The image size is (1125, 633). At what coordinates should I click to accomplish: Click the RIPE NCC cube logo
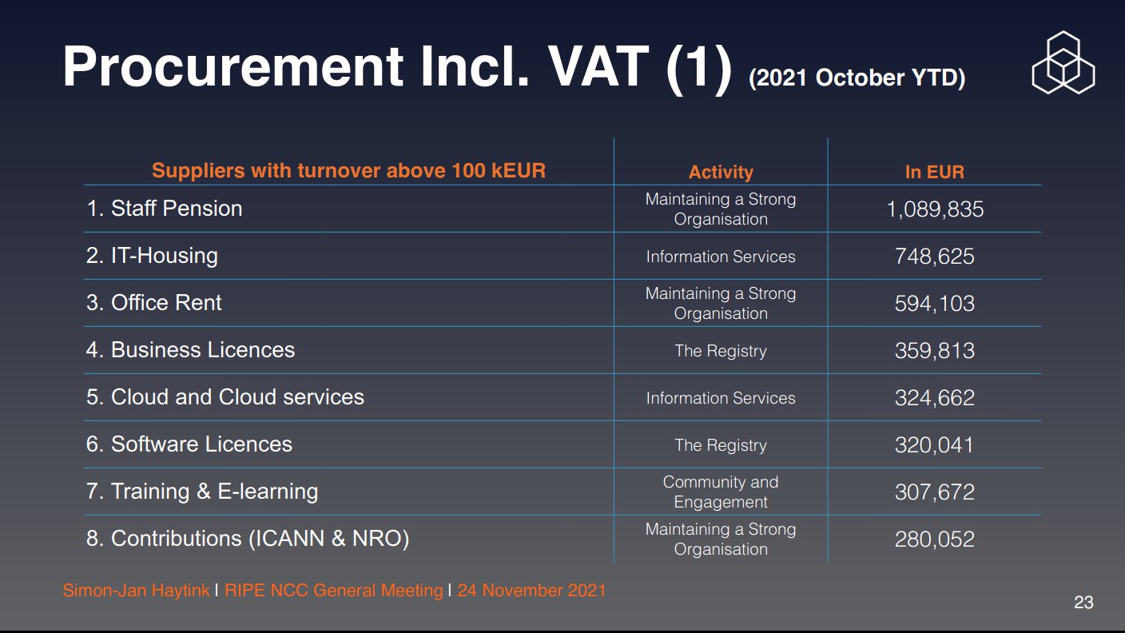click(x=1063, y=62)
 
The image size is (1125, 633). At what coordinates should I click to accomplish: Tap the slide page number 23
click(x=1083, y=603)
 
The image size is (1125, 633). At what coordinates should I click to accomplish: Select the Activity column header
click(x=721, y=172)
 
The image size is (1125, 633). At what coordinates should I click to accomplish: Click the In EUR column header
click(x=934, y=172)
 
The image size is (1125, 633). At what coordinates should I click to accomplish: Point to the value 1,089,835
click(x=935, y=209)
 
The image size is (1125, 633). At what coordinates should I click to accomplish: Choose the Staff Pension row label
click(x=165, y=208)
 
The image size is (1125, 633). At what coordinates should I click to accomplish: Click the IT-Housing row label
click(x=152, y=255)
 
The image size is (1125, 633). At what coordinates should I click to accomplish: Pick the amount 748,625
click(x=935, y=257)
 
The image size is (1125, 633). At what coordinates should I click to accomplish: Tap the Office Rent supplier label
click(x=153, y=302)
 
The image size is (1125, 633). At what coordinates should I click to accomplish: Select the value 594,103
click(x=935, y=304)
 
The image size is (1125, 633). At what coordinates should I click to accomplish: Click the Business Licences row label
click(x=190, y=349)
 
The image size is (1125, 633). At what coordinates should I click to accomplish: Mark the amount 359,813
click(x=935, y=351)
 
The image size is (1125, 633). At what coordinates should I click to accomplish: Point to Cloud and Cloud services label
click(x=225, y=397)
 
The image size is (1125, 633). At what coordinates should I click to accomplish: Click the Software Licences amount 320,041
click(x=935, y=445)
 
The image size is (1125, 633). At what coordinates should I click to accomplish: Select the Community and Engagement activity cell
click(x=721, y=492)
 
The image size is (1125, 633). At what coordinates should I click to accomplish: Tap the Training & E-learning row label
click(x=202, y=492)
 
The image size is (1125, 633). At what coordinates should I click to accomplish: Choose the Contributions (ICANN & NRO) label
click(x=248, y=539)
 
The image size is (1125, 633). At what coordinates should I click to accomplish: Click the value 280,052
click(x=935, y=539)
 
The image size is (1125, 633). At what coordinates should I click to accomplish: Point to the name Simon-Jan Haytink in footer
click(x=136, y=591)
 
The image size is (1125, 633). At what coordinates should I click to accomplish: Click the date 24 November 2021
click(x=531, y=591)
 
